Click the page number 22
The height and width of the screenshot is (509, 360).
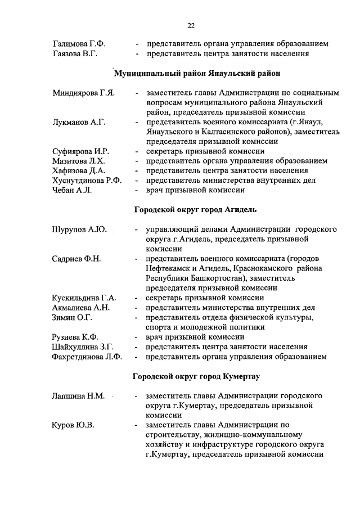point(191,26)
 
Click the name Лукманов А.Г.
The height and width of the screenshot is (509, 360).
point(79,121)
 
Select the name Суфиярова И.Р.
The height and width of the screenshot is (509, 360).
point(80,151)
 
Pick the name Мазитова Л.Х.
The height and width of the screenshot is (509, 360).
point(79,161)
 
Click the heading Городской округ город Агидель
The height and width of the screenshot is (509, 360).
point(195,210)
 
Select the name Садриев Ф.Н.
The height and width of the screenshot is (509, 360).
point(76,259)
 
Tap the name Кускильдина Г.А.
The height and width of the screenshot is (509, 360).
point(84,298)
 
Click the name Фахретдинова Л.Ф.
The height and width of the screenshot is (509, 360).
point(87,356)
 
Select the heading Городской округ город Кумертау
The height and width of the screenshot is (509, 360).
point(196,376)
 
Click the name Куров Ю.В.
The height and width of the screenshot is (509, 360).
point(73,425)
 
